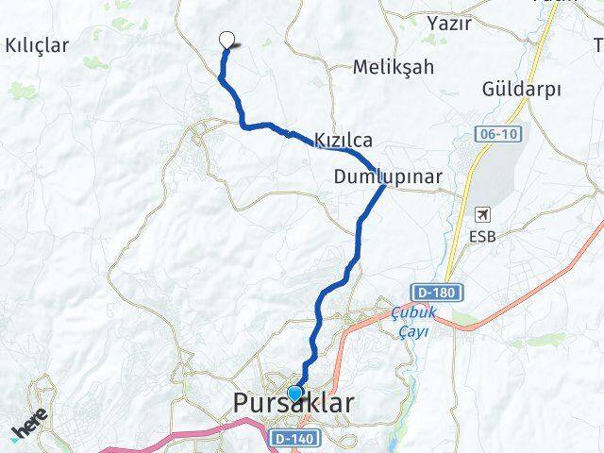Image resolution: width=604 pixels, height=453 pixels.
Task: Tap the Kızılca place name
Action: click(344, 140)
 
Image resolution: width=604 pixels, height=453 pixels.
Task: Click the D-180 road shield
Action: click(436, 293)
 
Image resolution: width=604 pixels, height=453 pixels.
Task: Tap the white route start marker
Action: click(226, 40)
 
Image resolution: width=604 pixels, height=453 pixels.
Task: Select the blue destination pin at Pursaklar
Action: click(294, 394)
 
